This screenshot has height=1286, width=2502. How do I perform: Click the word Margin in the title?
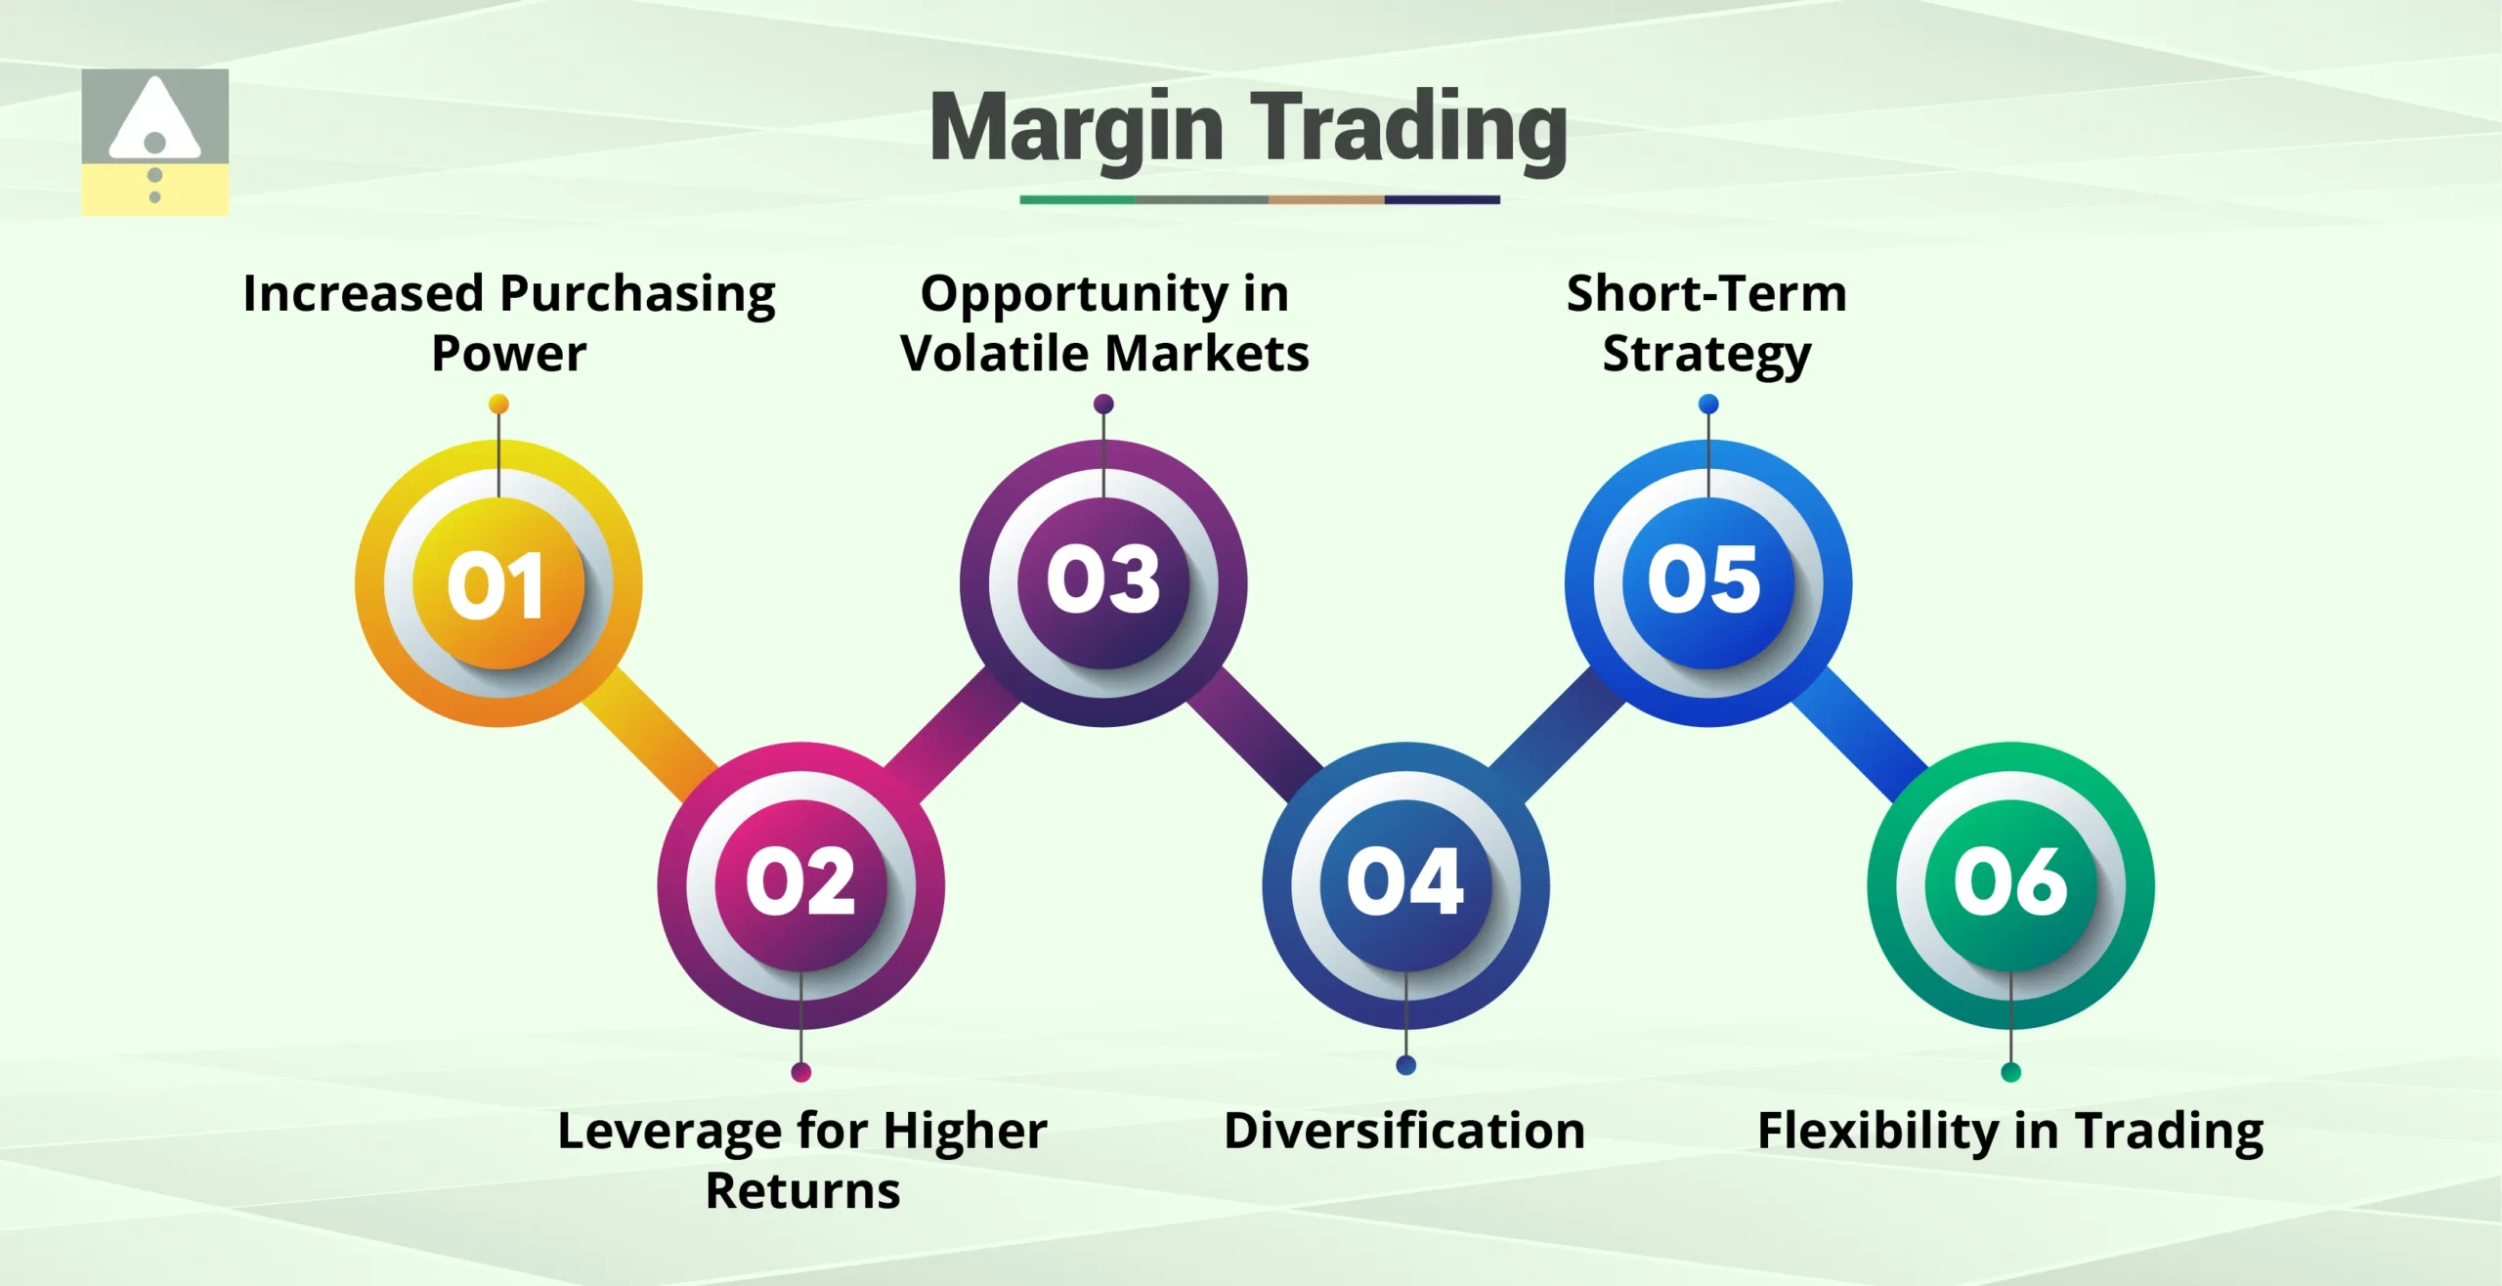coord(1076,128)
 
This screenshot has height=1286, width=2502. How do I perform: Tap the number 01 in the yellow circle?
coord(497,584)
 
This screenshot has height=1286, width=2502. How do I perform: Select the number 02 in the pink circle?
coord(800,883)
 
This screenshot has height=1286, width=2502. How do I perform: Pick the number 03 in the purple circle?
coord(1103,580)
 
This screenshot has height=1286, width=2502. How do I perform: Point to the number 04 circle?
coord(1405,883)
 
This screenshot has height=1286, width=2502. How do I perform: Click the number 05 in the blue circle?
coord(1706,580)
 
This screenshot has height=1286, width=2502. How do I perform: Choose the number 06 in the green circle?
coord(2010,883)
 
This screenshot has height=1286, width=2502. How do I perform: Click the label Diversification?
coord(1404,1131)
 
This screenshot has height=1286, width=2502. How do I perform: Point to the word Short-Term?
coord(1706,293)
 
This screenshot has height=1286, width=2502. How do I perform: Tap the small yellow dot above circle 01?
coord(498,404)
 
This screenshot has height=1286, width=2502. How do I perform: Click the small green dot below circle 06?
coord(2010,1072)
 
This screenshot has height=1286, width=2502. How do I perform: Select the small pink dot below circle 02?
coord(800,1072)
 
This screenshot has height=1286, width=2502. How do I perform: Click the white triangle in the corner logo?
coord(154,117)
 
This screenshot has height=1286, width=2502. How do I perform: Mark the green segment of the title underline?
coord(1076,199)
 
